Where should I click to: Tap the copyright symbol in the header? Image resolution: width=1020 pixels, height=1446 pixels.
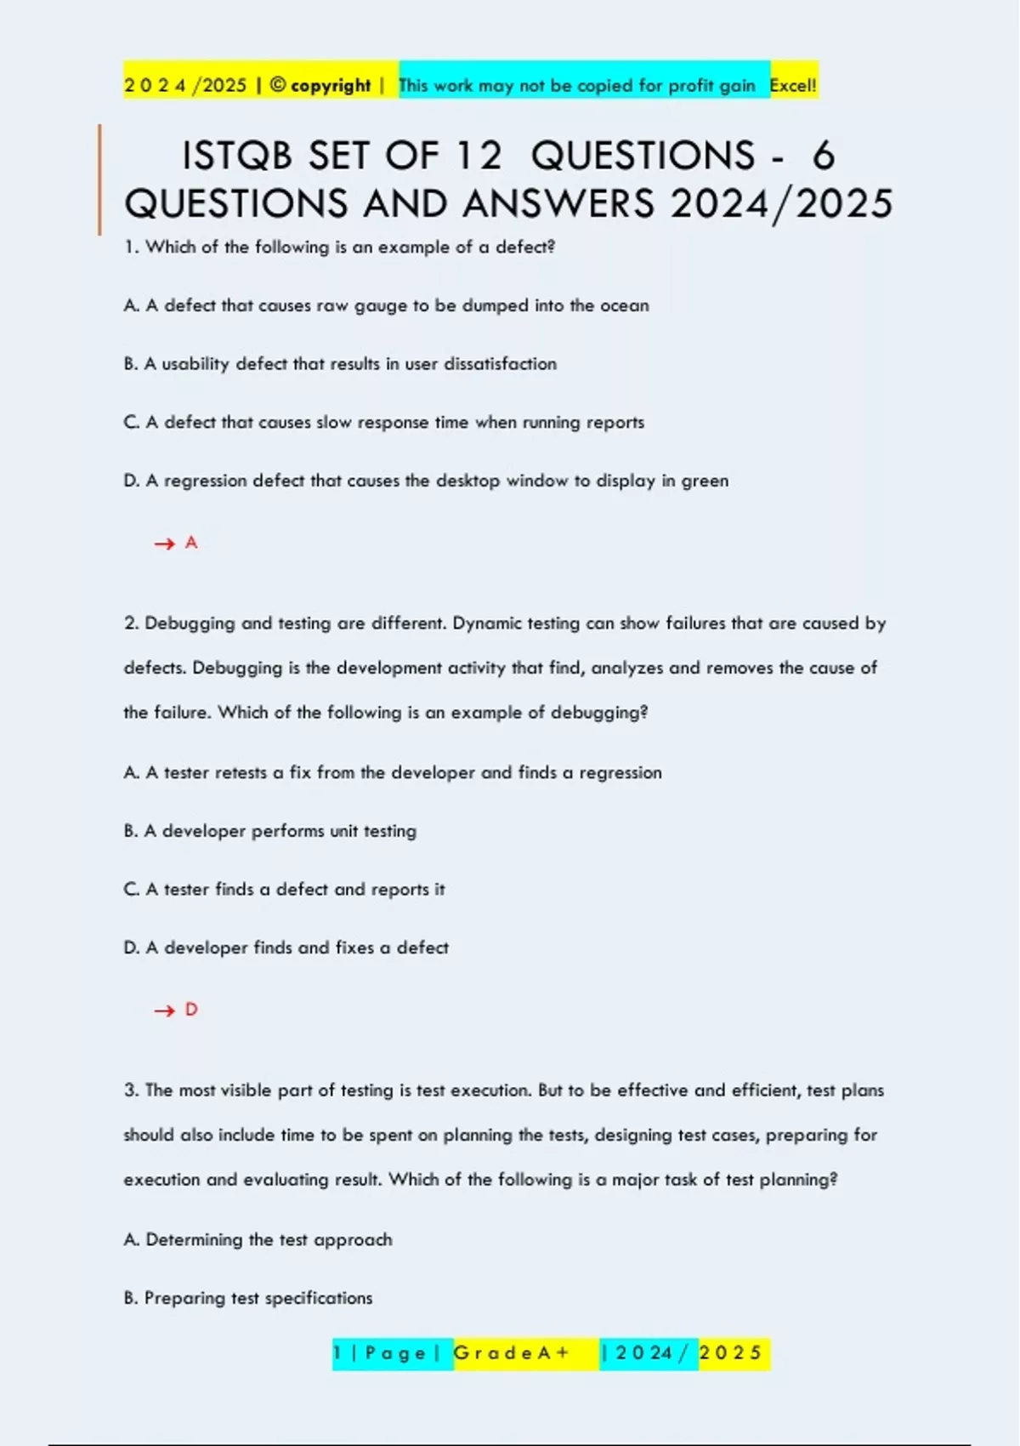pyautogui.click(x=277, y=85)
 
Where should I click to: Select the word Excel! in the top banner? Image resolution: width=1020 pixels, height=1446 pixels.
pyautogui.click(x=793, y=85)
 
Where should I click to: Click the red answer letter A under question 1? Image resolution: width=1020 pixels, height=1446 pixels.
pyautogui.click(x=191, y=543)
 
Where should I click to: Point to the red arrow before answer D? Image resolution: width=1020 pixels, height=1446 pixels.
pyautogui.click(x=164, y=1010)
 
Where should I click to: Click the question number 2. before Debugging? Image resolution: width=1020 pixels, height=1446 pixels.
pyautogui.click(x=132, y=623)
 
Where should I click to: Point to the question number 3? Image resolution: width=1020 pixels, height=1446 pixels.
pyautogui.click(x=132, y=1090)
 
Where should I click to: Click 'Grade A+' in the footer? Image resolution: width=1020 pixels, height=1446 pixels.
pyautogui.click(x=512, y=1352)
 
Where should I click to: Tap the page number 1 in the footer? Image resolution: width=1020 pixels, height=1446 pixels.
pyautogui.click(x=337, y=1352)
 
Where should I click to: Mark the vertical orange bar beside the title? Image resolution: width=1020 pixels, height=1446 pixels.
pyautogui.click(x=99, y=179)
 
